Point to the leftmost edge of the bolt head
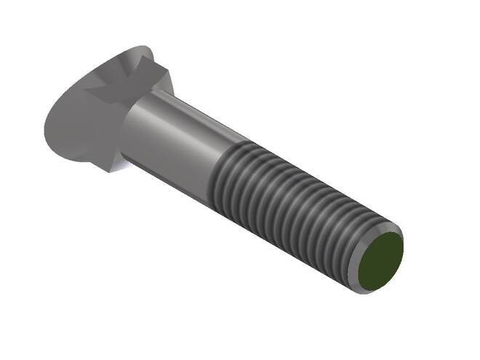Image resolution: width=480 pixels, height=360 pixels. [x=44, y=131]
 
